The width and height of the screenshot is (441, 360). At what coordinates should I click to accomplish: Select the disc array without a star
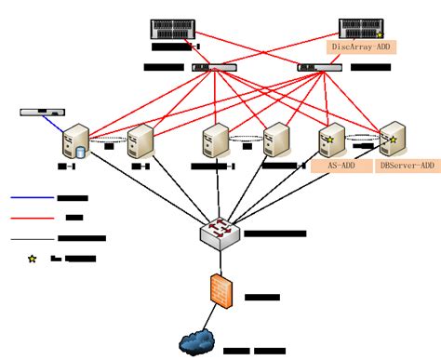[174, 28]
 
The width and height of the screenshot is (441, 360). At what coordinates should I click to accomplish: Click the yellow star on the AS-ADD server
[328, 140]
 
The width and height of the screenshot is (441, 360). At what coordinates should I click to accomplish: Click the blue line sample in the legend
[32, 197]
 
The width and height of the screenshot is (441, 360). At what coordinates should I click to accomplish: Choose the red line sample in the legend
[32, 218]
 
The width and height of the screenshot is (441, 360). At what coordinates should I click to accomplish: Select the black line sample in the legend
[32, 238]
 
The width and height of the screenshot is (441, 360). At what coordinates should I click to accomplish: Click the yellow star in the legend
[32, 259]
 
